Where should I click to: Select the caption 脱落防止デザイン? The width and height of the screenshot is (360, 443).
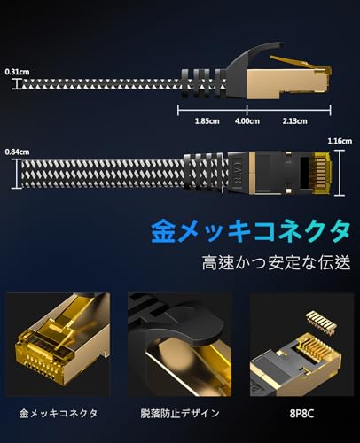pyautogui.click(x=179, y=414)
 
